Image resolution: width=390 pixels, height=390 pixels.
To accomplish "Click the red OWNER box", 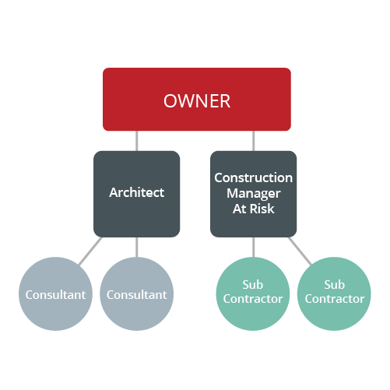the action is [x=197, y=100].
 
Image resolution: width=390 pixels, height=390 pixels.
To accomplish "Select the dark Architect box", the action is [x=136, y=194].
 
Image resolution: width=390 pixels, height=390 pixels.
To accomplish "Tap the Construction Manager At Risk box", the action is [x=253, y=194].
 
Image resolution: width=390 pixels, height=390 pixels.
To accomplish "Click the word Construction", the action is [x=253, y=177].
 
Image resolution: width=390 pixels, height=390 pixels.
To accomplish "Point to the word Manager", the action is [x=254, y=194].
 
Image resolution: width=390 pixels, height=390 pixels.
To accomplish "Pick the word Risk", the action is [x=262, y=209].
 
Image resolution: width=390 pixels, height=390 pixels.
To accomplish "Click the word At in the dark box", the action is [x=239, y=209].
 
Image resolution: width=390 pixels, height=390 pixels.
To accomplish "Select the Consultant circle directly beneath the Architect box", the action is [x=136, y=293].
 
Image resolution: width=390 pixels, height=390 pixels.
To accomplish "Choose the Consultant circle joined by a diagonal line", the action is [x=55, y=293].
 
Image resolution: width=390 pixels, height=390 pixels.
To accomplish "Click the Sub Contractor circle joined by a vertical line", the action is [x=253, y=293].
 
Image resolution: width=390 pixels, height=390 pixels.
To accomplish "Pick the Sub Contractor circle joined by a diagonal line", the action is [x=334, y=293].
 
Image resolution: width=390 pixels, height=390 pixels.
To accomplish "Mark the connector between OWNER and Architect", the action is [x=136, y=141].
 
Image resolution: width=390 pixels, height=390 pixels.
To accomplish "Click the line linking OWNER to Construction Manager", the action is [x=253, y=141].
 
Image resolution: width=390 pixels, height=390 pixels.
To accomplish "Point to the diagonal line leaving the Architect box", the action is [x=90, y=251].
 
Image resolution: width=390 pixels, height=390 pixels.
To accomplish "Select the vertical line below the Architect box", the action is [x=136, y=247].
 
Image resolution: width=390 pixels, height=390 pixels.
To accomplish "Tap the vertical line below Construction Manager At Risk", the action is [x=253, y=247].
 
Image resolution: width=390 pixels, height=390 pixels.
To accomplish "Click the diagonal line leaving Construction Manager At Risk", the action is [x=300, y=251].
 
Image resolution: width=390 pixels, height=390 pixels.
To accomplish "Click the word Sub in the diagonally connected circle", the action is [x=334, y=285].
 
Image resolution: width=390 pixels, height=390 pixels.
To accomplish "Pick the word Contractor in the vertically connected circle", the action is [x=253, y=299].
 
